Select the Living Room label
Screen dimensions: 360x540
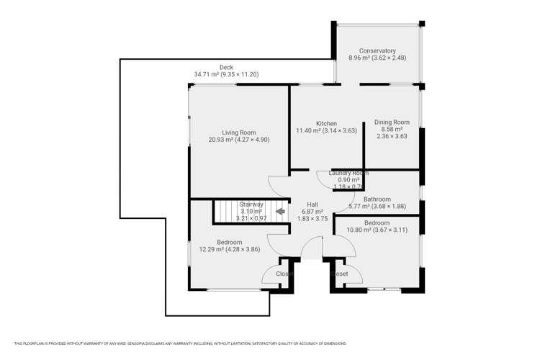239,132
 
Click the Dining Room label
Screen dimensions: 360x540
392,122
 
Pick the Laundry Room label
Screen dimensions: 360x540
348,173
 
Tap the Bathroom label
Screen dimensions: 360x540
377,199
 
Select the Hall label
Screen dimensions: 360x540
312,204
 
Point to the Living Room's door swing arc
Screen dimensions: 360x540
275,184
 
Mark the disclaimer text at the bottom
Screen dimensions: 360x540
269,343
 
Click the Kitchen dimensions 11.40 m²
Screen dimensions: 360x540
326,130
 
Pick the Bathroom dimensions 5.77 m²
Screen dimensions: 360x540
377,206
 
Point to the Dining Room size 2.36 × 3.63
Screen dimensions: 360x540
392,136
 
